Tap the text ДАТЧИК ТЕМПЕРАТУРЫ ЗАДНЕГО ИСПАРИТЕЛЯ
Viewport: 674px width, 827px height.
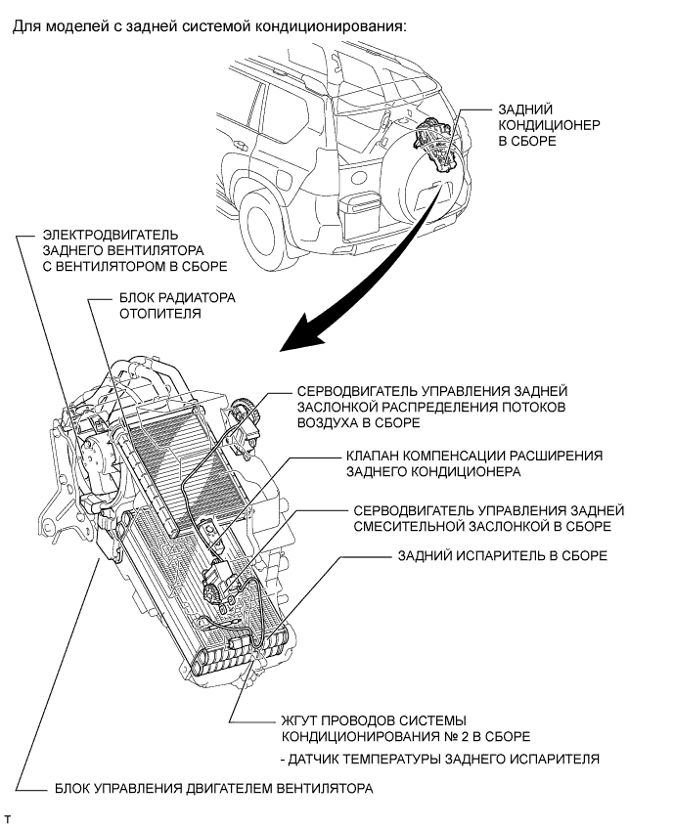(x=438, y=759)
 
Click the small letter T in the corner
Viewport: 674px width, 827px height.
(x=9, y=815)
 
